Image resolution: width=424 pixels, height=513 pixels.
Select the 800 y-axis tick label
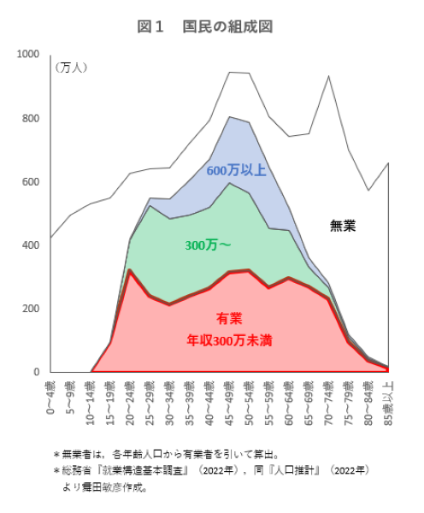pos(31,118)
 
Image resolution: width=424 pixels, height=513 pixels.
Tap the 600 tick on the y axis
pos(31,182)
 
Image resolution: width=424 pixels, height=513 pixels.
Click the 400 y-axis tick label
pos(31,245)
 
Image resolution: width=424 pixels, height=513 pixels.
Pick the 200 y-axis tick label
pos(31,309)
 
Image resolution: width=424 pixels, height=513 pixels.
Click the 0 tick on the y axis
pos(36,373)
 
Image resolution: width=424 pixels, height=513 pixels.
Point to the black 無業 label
pos(343,226)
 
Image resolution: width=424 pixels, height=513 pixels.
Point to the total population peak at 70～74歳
pos(329,76)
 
